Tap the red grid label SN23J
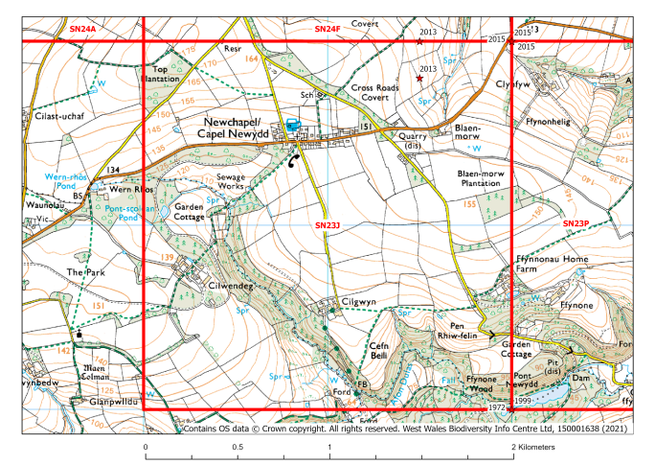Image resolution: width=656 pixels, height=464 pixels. pos(328,225)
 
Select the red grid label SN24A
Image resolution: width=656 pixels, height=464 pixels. pos(82,31)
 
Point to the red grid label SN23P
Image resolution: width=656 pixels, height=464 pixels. pos(577,223)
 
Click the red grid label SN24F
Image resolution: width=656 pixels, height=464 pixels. pos(328,31)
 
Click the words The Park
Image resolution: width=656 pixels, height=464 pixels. pos(81,272)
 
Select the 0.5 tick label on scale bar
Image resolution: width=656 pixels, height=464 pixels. pos(238,447)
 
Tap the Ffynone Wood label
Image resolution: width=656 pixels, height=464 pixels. pos(481,385)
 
